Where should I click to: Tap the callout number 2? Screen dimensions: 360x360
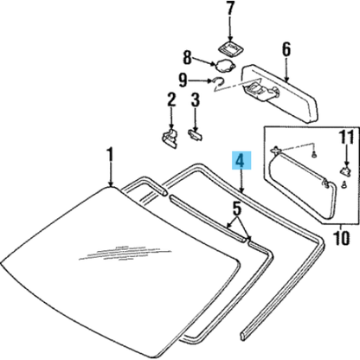tap(171, 100)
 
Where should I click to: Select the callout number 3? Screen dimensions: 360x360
tap(196, 100)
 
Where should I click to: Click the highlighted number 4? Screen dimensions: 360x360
tap(241, 160)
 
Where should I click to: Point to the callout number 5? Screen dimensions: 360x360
tap(236, 209)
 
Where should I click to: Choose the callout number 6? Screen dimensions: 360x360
tap(286, 49)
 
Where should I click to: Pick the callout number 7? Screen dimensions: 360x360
tap(230, 9)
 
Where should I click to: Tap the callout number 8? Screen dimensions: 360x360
tap(188, 58)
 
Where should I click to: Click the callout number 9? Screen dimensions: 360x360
tap(183, 80)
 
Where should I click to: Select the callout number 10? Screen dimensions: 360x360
tap(341, 238)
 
